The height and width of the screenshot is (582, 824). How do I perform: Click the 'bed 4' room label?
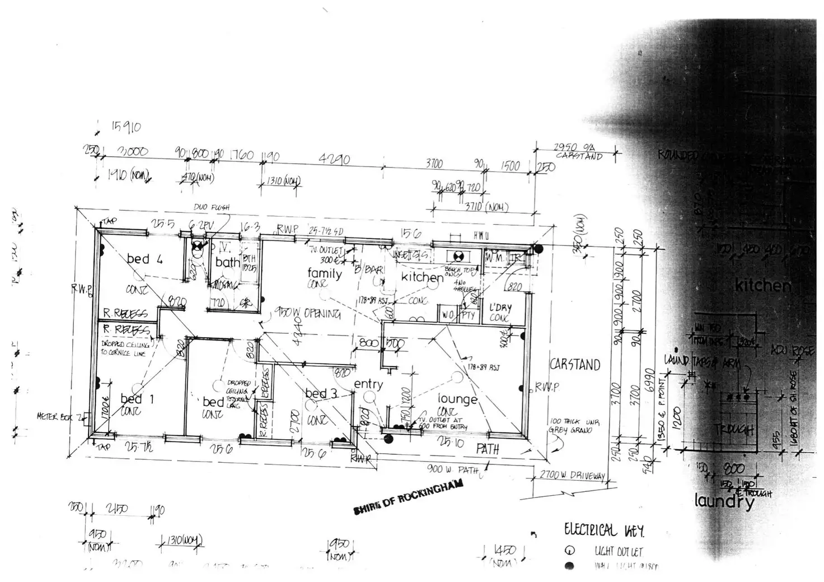coord(144,259)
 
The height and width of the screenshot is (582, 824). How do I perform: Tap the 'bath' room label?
coord(227,262)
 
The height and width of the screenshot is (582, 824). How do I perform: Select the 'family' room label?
coord(325,273)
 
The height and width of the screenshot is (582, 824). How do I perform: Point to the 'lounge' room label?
coord(457,399)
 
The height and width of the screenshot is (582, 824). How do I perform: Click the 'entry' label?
coord(368,384)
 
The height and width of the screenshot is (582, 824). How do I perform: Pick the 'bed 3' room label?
coord(321,394)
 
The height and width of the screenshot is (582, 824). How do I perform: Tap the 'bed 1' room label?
coord(131,399)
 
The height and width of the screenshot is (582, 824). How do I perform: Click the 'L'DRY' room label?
coord(500,308)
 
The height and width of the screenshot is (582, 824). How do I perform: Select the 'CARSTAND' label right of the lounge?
coord(575,365)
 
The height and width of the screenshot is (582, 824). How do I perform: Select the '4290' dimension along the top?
coord(334,159)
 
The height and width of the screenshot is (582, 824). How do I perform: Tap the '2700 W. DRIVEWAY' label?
coord(572,476)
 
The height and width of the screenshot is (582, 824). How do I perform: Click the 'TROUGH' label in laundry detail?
coord(734,430)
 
